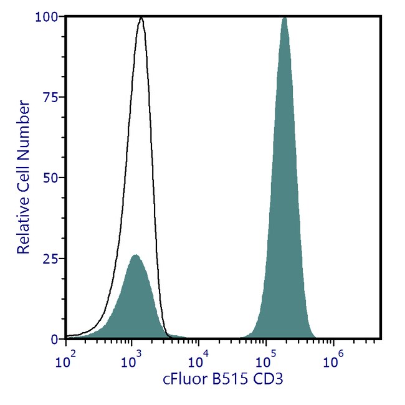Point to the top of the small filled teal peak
(135, 255)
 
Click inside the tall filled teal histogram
(285, 218)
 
